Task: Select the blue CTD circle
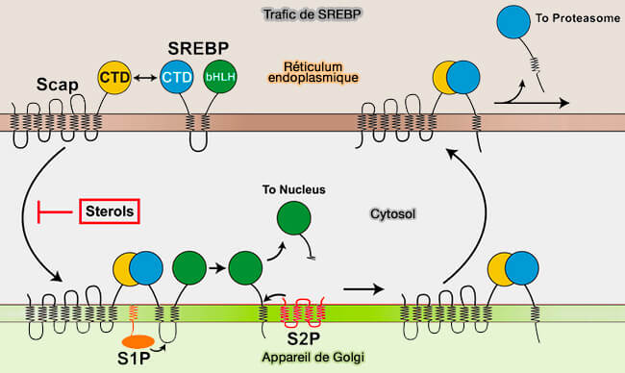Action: click(175, 76)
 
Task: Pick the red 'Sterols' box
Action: click(110, 209)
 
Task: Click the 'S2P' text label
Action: click(293, 337)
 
